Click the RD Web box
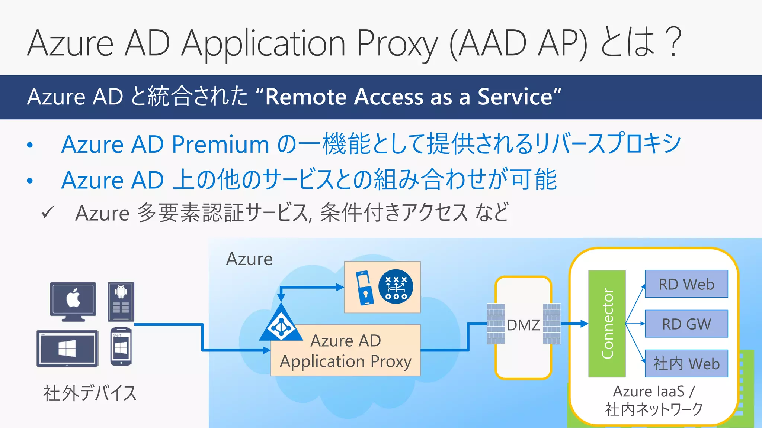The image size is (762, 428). [686, 284]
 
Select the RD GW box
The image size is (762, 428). [686, 324]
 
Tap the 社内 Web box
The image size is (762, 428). [686, 363]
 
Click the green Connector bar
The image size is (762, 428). [607, 324]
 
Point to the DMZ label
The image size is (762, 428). [523, 325]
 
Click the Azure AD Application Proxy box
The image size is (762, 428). [346, 351]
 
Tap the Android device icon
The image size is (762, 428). [121, 301]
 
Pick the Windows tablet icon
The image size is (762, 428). [67, 348]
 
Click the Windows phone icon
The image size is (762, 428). [121, 347]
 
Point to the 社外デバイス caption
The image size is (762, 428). [90, 393]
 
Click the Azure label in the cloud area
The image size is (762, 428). [249, 259]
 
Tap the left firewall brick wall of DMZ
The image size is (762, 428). [496, 324]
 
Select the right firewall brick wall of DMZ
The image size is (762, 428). [551, 324]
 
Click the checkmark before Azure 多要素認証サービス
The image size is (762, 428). [48, 213]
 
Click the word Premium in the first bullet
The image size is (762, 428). [220, 144]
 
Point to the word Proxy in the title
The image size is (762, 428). [397, 44]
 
